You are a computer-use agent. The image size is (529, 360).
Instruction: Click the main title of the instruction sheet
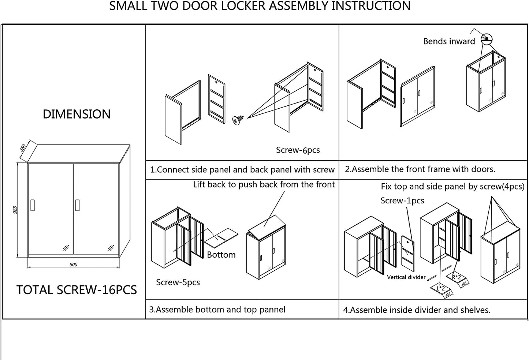click(260, 6)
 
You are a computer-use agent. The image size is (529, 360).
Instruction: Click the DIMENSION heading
click(77, 114)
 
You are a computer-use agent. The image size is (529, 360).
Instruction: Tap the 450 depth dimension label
click(23, 148)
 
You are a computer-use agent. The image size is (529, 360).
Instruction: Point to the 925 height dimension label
click(15, 210)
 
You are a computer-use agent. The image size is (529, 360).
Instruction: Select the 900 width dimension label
click(73, 265)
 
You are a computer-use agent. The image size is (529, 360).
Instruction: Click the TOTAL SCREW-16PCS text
click(77, 290)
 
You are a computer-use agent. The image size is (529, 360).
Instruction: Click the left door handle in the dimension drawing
click(33, 205)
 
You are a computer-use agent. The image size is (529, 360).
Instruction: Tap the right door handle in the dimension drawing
click(78, 205)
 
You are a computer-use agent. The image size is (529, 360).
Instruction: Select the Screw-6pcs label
click(298, 150)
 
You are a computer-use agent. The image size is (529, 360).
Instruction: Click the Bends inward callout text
click(449, 41)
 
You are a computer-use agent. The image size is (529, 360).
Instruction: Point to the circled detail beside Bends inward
click(487, 38)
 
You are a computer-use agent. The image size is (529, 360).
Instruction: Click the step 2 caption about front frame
click(420, 169)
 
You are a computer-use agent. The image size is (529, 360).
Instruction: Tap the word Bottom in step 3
click(221, 255)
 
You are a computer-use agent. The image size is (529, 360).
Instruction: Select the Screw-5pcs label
click(178, 282)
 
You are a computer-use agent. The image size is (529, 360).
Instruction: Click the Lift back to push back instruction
click(264, 184)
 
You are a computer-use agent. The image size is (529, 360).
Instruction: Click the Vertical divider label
click(406, 277)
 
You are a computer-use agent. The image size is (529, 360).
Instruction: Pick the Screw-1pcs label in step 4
click(402, 200)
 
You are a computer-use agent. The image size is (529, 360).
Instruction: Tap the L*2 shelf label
click(440, 288)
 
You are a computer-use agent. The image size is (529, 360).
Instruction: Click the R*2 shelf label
click(456, 277)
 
